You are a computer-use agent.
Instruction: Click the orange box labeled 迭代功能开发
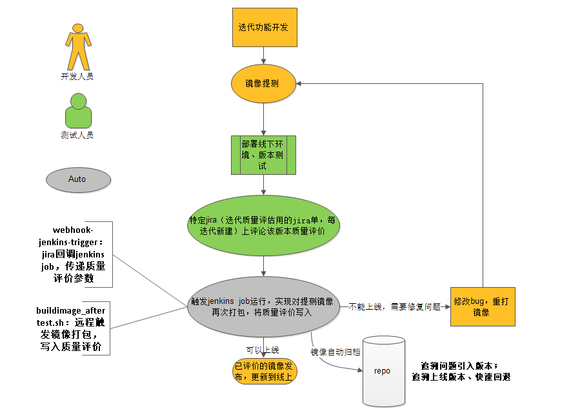tap(265, 28)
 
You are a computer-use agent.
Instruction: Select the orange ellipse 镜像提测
tap(263, 84)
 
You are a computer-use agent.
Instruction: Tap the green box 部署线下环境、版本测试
tap(263, 155)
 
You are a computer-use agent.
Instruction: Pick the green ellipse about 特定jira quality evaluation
tap(264, 225)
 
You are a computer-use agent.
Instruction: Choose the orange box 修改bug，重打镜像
tap(483, 306)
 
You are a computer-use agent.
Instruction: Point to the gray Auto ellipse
tap(77, 179)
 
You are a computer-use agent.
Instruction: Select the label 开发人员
tap(77, 76)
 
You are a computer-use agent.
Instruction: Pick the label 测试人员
tap(77, 135)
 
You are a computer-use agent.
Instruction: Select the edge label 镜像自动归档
tap(335, 352)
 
